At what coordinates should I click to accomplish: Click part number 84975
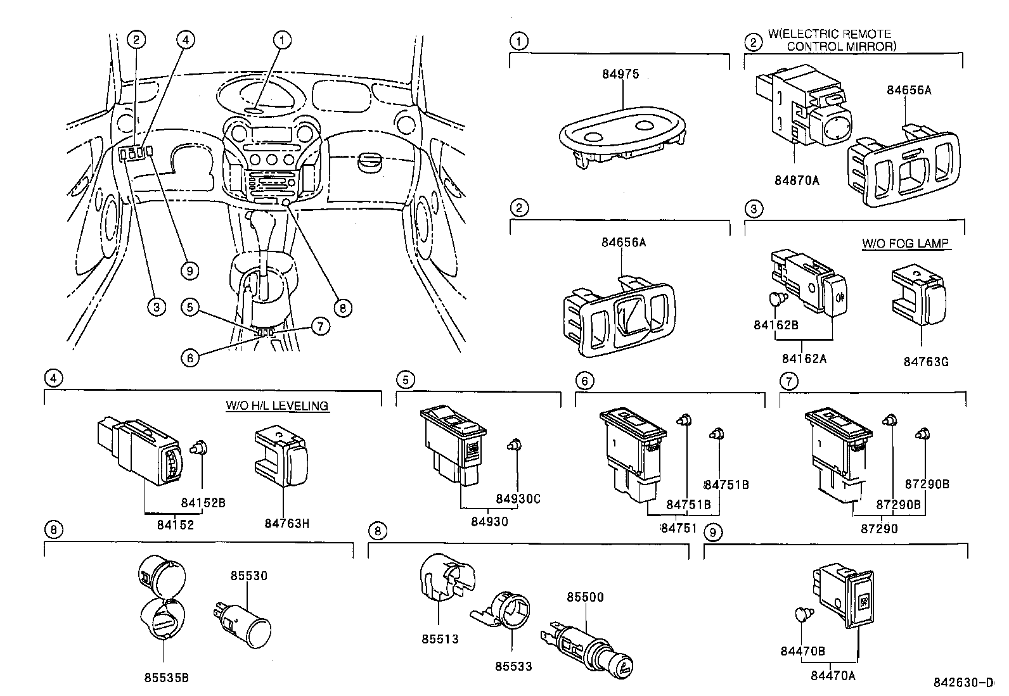(x=620, y=74)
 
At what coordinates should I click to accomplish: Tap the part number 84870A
(x=797, y=180)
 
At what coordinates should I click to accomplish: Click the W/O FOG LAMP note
(x=906, y=243)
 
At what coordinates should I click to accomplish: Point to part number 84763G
(x=926, y=362)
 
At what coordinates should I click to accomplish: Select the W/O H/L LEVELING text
(x=277, y=405)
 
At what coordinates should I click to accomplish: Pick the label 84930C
(x=518, y=499)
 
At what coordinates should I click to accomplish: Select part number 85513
(x=440, y=639)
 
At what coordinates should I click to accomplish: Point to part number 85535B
(x=166, y=678)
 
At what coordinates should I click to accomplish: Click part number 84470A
(x=833, y=676)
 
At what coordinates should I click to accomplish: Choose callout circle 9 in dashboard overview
(x=189, y=270)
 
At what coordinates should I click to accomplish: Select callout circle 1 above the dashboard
(x=282, y=40)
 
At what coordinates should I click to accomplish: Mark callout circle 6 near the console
(x=189, y=357)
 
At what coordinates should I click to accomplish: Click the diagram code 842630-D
(x=963, y=683)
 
